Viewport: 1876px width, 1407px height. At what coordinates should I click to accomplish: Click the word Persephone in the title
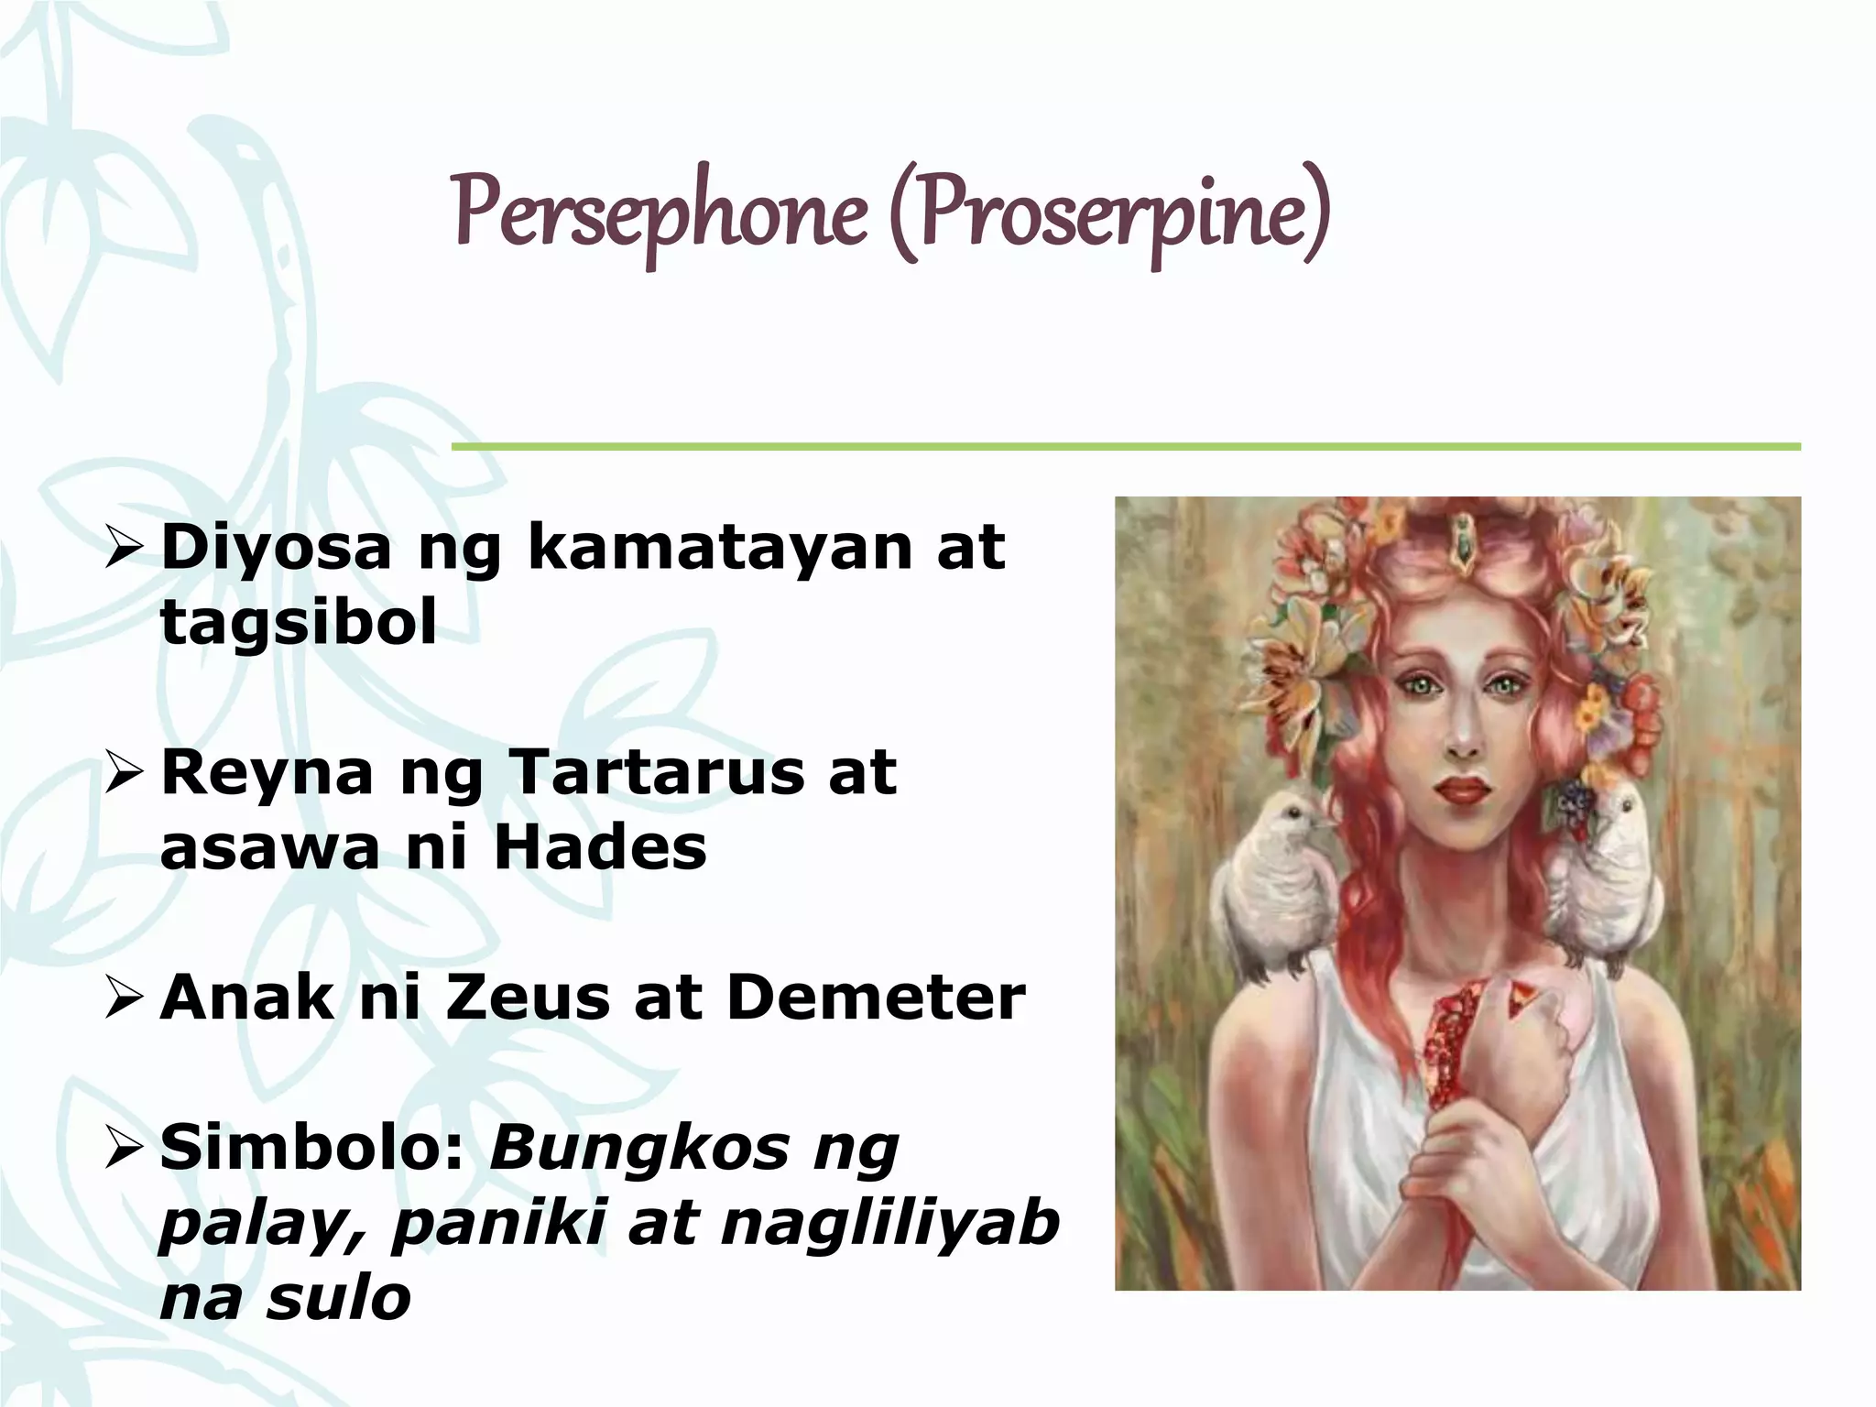tap(660, 213)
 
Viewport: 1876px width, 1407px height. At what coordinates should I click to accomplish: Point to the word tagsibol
tap(299, 623)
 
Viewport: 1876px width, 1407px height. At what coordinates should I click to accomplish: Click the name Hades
tap(600, 847)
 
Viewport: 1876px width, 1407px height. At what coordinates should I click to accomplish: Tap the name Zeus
tap(528, 998)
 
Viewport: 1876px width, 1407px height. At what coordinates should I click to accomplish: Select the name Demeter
tap(876, 998)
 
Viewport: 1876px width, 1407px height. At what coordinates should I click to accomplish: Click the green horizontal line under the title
tap(1126, 447)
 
